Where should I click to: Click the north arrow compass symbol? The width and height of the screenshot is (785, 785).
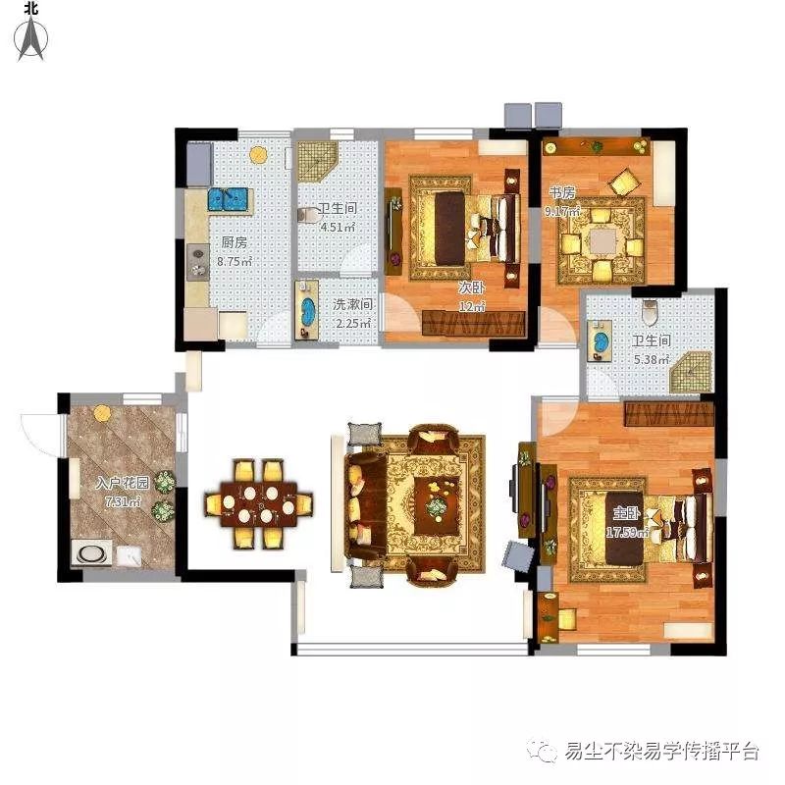pos(31,37)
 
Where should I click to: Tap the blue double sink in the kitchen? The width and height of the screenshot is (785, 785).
pos(228,199)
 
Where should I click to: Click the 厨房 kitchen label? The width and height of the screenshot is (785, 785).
pos(235,242)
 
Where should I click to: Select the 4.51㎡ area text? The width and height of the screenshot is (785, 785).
pos(338,227)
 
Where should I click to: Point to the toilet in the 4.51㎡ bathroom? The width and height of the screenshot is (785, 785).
pos(308,215)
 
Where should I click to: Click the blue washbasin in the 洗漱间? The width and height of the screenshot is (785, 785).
pos(307,309)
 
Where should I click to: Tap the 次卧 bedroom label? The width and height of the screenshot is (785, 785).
pos(472,288)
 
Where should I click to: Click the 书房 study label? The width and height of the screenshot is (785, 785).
pos(561,192)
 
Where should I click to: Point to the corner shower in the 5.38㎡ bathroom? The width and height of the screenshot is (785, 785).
pos(692,373)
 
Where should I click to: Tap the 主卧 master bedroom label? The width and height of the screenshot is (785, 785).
pos(626,513)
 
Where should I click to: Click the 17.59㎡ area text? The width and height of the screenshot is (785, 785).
pos(627,532)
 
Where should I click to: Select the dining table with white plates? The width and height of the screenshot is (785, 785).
pos(259,504)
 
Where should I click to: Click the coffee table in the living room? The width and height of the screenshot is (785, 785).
pos(437,505)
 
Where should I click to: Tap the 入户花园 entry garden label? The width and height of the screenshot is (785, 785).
pos(122,483)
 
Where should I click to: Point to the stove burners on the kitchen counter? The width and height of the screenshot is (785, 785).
pos(198,261)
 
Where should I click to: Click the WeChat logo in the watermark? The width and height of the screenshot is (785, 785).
pos(542,750)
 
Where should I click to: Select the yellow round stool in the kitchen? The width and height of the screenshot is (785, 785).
pos(258,154)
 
